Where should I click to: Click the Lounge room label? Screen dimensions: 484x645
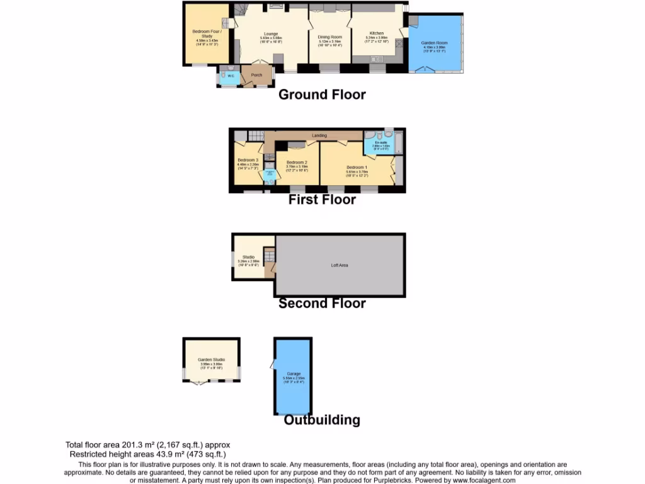[x=271, y=34]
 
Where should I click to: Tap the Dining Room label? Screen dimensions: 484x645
[x=329, y=37]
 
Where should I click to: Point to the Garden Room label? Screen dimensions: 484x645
[x=434, y=43]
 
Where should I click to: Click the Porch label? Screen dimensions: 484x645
[x=256, y=75]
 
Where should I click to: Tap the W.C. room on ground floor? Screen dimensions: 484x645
[x=230, y=76]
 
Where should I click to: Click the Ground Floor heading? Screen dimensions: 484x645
[x=322, y=95]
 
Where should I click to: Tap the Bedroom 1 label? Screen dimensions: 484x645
[x=357, y=167]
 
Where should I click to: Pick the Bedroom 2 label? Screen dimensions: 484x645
[x=296, y=162]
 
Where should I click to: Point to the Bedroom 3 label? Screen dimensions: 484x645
[x=248, y=160]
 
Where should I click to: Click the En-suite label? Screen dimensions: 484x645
[x=380, y=142]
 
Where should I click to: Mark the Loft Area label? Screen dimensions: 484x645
[x=340, y=265]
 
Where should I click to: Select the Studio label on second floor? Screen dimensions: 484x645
[x=248, y=256]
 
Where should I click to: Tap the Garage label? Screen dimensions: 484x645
[x=294, y=374]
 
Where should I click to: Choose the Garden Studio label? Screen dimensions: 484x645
[x=211, y=360]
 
